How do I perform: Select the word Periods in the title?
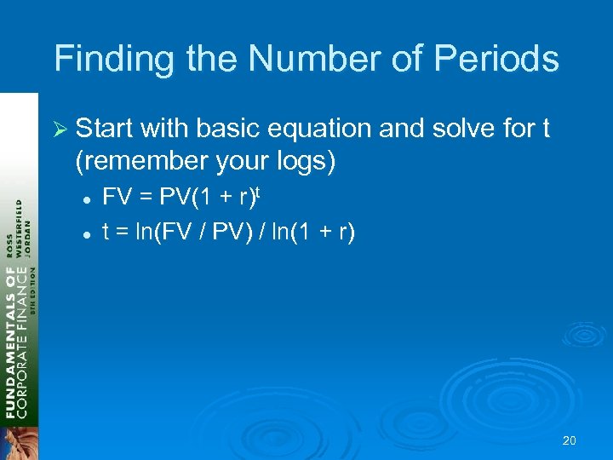pyautogui.click(x=501, y=60)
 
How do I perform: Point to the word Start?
pyautogui.click(x=106, y=129)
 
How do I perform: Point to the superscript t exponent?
pyautogui.click(x=255, y=193)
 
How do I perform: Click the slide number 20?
pyautogui.click(x=570, y=440)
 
